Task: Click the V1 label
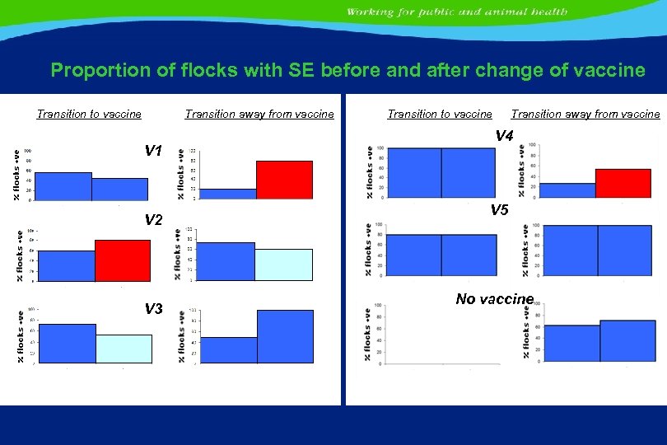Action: [154, 151]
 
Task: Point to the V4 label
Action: [504, 136]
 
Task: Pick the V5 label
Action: [499, 210]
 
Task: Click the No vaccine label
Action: [494, 299]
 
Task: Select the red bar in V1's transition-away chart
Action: [284, 180]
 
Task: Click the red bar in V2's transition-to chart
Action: [123, 260]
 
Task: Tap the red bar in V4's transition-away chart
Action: [623, 183]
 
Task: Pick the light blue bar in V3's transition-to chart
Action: [124, 349]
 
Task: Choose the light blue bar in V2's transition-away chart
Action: [284, 265]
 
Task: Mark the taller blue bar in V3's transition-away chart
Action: [285, 336]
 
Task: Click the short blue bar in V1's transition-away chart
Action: [228, 194]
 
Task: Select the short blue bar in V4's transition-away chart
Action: [567, 190]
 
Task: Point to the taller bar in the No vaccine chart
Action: [627, 341]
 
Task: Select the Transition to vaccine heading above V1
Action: [89, 115]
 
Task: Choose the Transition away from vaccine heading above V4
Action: [585, 115]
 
